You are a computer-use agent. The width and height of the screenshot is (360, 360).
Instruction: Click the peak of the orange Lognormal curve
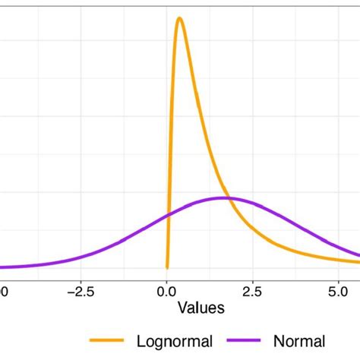point(179,18)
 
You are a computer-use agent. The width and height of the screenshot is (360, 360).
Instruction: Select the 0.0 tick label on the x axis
point(167,290)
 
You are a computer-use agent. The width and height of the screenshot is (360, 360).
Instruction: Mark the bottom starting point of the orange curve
point(167,267)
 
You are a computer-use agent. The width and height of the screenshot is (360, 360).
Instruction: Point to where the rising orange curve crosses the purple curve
point(169,216)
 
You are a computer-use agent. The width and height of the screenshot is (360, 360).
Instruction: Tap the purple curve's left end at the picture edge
point(2,267)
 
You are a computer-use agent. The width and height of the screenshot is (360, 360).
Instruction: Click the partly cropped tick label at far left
point(2,290)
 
